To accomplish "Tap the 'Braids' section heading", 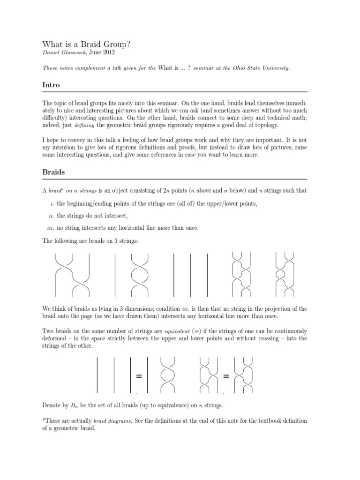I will point(53,172).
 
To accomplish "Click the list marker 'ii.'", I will point(50,216).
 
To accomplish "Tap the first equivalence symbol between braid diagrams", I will point(139,376).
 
